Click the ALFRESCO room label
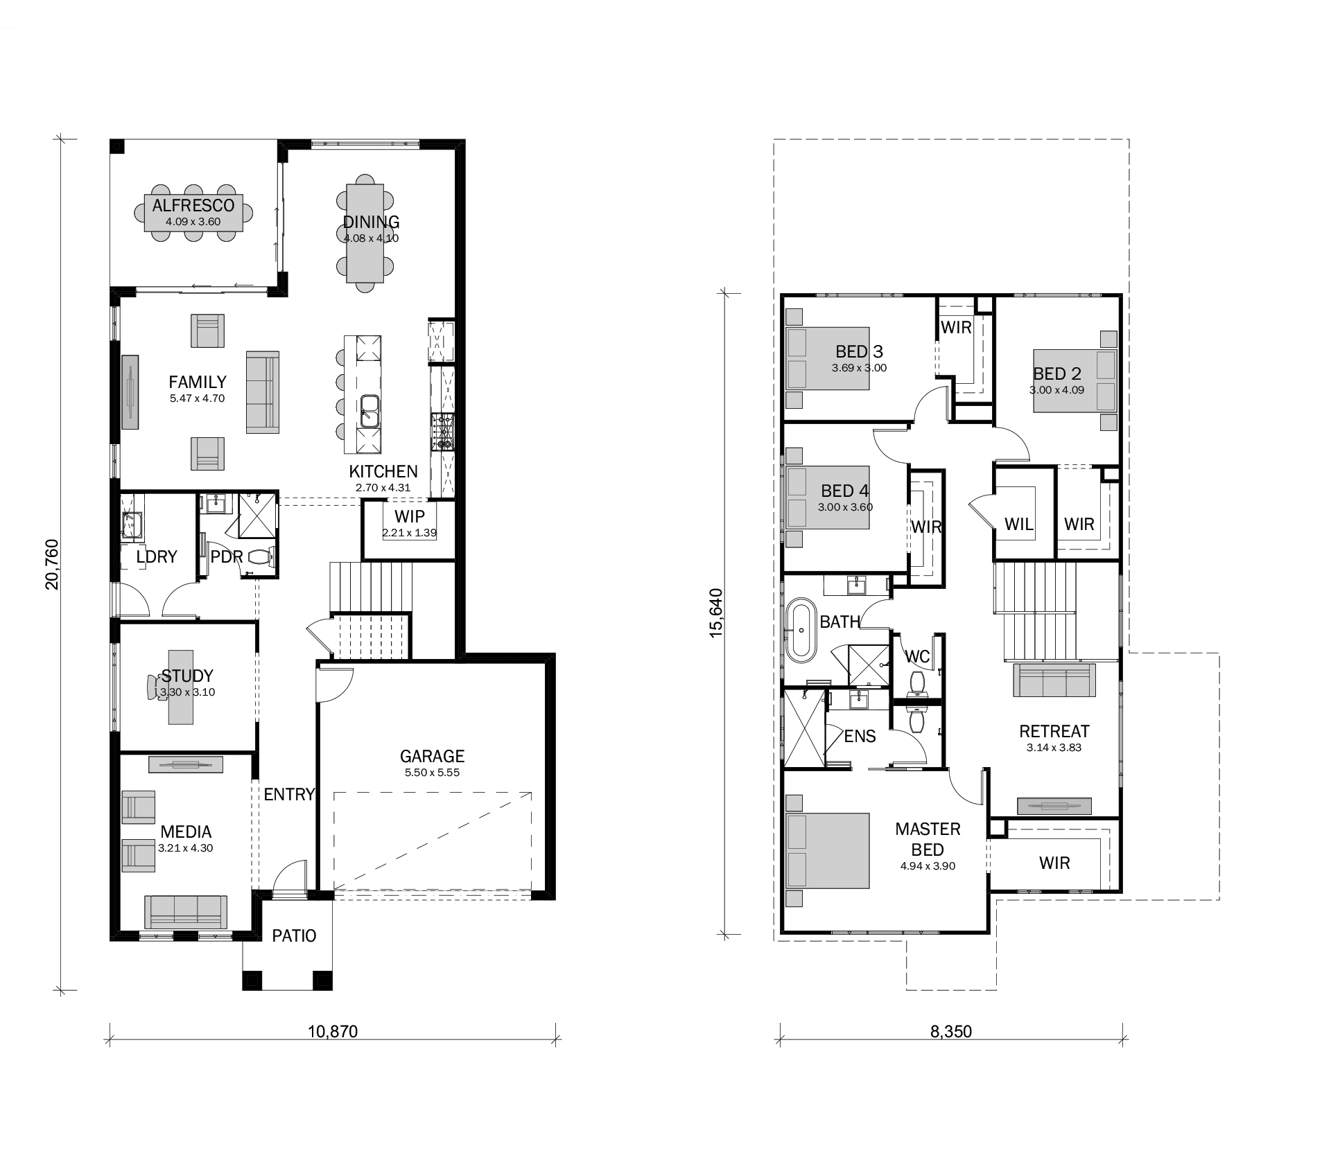(x=193, y=206)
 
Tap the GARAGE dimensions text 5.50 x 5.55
(x=433, y=773)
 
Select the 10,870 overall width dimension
(x=333, y=1032)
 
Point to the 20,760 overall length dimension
(x=52, y=564)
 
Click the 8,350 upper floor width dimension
(x=951, y=1032)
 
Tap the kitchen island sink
(x=369, y=412)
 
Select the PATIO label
(x=294, y=936)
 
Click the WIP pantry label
(x=409, y=517)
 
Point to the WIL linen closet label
(x=1019, y=525)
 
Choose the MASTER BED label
(x=928, y=839)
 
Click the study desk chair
(x=154, y=687)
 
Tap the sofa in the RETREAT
(x=1054, y=680)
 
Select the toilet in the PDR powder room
(x=261, y=556)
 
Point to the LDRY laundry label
(x=157, y=557)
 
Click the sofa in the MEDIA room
(x=186, y=912)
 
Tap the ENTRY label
(x=289, y=795)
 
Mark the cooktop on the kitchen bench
(x=442, y=431)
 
